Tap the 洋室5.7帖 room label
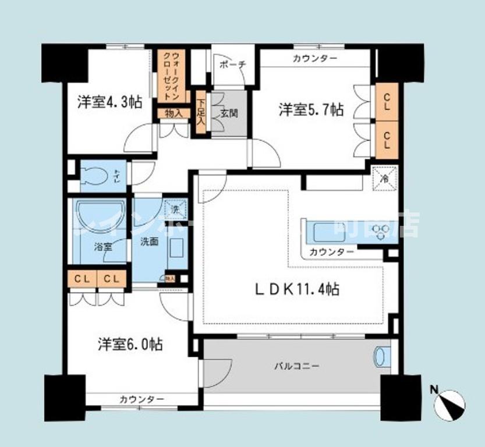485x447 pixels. [311, 109]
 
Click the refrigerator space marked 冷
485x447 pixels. [385, 178]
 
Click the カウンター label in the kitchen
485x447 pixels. [331, 252]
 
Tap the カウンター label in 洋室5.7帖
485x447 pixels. [315, 58]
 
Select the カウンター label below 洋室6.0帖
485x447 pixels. [141, 399]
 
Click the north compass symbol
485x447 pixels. [452, 403]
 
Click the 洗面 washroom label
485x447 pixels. [149, 241]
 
